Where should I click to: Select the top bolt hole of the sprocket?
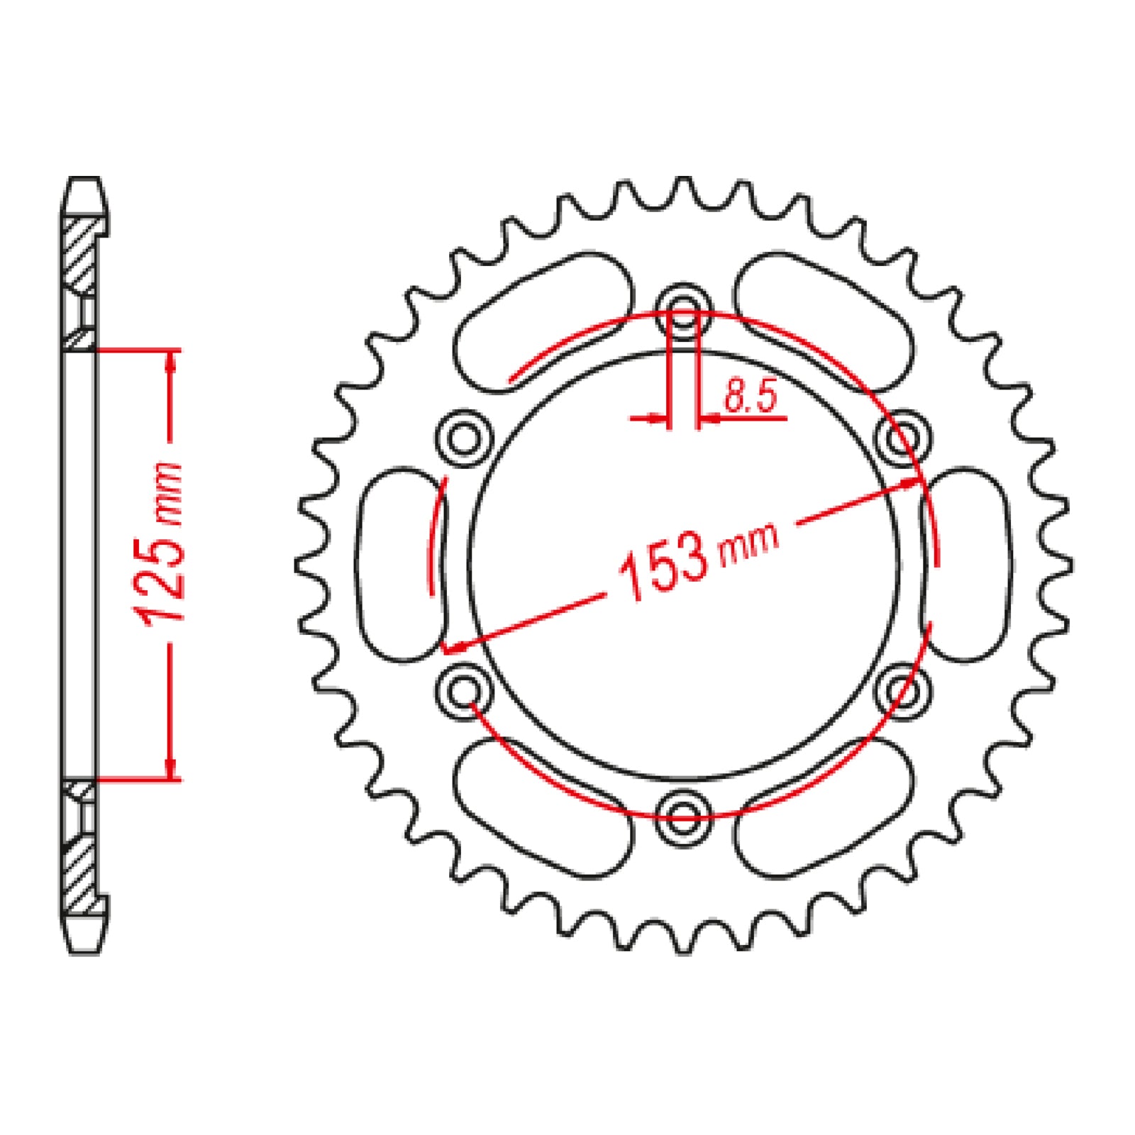click(682, 310)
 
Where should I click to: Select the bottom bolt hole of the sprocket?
click(682, 814)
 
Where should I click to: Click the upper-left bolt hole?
click(465, 438)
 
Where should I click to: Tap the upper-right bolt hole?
click(902, 438)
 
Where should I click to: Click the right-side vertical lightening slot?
click(966, 564)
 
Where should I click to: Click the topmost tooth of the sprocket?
click(683, 188)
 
